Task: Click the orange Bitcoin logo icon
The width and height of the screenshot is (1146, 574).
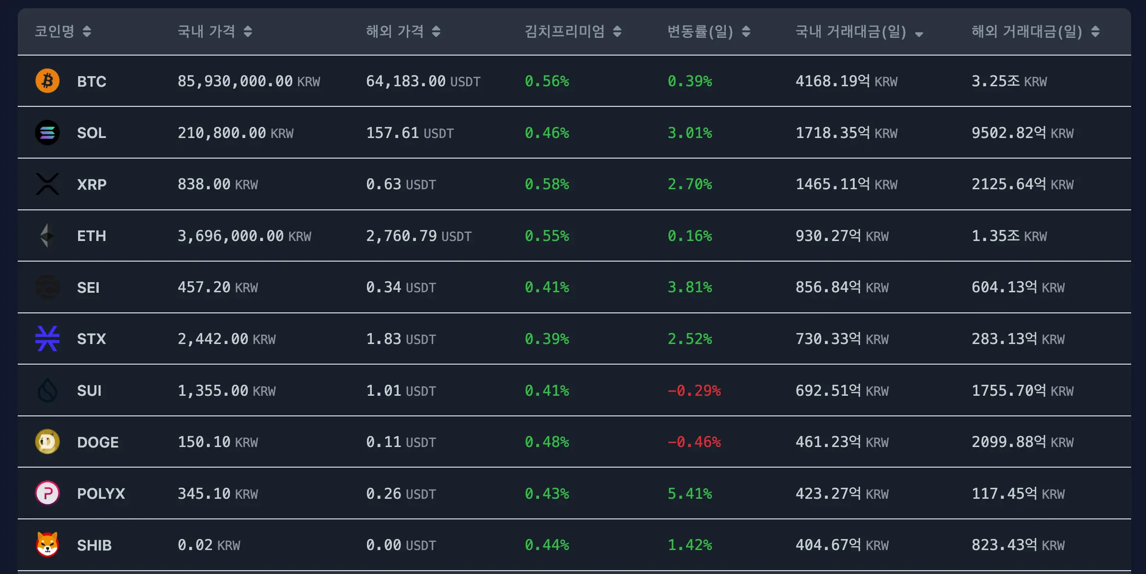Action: pyautogui.click(x=47, y=80)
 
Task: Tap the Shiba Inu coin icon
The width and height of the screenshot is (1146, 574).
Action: pyautogui.click(x=47, y=544)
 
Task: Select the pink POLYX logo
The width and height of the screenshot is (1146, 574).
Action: pyautogui.click(x=47, y=493)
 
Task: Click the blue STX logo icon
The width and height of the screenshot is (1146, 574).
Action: pyautogui.click(x=47, y=338)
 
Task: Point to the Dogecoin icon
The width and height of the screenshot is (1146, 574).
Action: pyautogui.click(x=47, y=441)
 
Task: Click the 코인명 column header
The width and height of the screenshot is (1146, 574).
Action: pyautogui.click(x=55, y=32)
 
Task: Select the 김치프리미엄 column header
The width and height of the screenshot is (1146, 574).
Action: pyautogui.click(x=564, y=32)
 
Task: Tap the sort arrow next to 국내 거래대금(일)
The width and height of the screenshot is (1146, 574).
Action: pyautogui.click(x=918, y=34)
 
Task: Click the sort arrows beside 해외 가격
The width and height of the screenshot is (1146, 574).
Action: pyautogui.click(x=436, y=32)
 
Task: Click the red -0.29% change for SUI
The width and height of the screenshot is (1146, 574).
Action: pyautogui.click(x=694, y=391)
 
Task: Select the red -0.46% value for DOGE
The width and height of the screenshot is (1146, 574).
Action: pyautogui.click(x=694, y=442)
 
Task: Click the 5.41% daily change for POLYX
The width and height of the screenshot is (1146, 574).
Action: pyautogui.click(x=689, y=494)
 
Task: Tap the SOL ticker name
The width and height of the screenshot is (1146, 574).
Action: pyautogui.click(x=92, y=133)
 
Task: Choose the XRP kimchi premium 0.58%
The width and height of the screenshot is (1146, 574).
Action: pyautogui.click(x=547, y=184)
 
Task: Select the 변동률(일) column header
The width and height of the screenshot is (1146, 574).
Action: pyautogui.click(x=700, y=32)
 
